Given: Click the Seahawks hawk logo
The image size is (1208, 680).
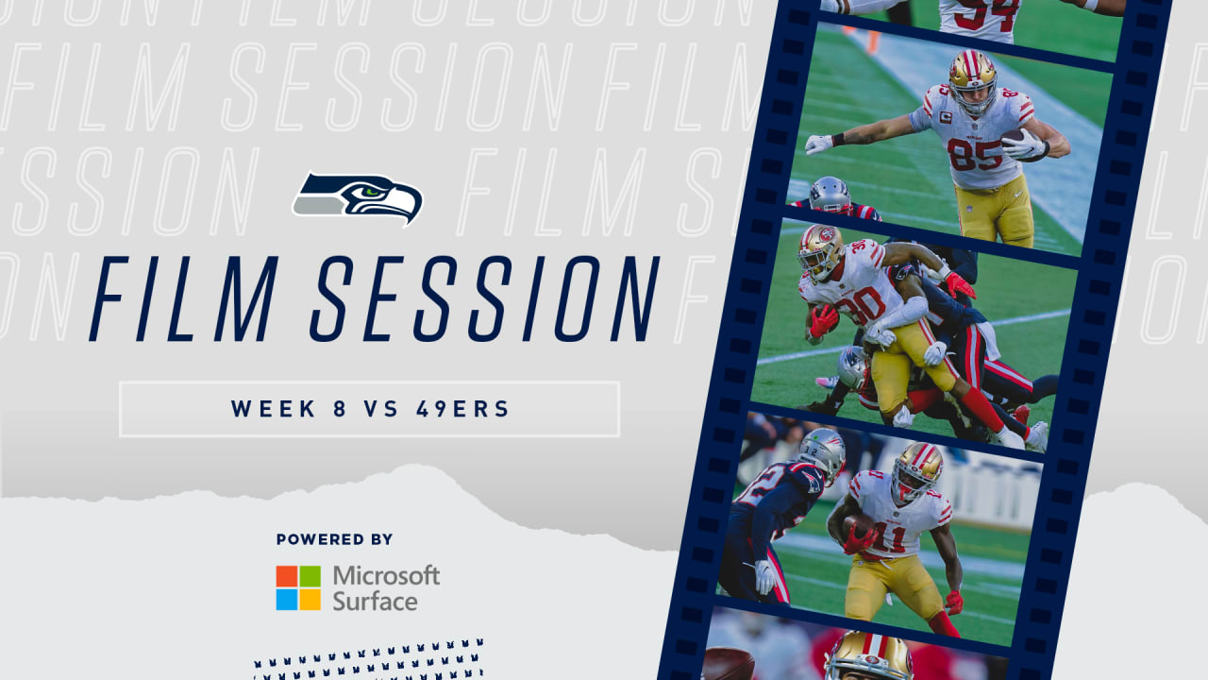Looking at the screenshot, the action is [358, 198].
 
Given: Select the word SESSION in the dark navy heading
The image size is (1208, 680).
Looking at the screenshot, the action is [485, 299].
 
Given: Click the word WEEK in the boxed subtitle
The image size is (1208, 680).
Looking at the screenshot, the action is [274, 409].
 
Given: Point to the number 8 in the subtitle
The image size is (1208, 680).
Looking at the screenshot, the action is [339, 409].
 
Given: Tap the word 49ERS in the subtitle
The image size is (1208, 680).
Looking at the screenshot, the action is [462, 409].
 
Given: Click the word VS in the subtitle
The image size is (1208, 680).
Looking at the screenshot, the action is [381, 409].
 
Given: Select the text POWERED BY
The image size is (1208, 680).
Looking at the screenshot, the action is [334, 539].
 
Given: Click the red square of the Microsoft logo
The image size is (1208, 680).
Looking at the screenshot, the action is [287, 576].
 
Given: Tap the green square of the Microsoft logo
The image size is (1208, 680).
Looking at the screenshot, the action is [310, 576].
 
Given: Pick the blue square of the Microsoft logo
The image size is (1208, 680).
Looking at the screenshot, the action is [287, 600].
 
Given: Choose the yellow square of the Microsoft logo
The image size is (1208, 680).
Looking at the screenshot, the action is [310, 600].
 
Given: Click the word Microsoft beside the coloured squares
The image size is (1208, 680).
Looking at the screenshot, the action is [386, 576].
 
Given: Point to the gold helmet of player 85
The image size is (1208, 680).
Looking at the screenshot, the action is [972, 81].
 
